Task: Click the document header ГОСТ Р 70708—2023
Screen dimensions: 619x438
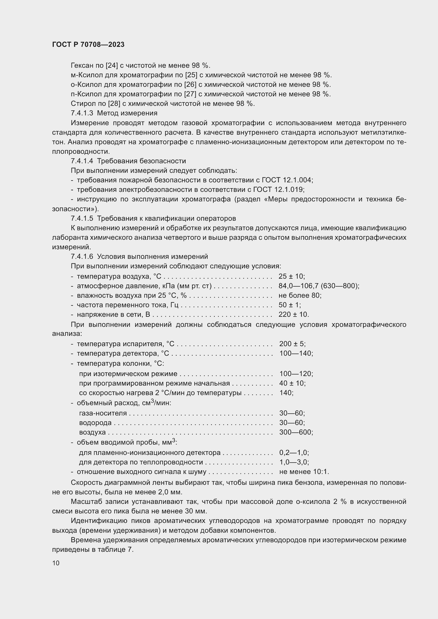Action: click(x=88, y=44)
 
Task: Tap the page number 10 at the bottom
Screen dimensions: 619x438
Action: click(x=56, y=563)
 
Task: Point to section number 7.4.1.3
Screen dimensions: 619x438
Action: click(x=82, y=113)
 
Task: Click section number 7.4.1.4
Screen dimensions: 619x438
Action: click(x=82, y=161)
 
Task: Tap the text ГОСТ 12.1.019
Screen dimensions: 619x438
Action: click(x=278, y=189)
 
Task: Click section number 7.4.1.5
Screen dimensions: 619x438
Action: click(x=82, y=218)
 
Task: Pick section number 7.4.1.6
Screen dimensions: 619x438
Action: click(x=82, y=256)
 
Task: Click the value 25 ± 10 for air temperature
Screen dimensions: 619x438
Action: click(x=291, y=276)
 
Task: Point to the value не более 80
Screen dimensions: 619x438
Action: click(x=300, y=296)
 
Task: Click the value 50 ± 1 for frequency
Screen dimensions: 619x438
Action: click(x=289, y=305)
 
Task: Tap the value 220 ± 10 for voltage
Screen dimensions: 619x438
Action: click(x=293, y=315)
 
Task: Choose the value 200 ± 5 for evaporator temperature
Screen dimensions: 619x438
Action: click(x=292, y=344)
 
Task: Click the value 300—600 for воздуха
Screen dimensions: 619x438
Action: click(x=296, y=432)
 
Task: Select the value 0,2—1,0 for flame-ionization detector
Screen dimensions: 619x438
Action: click(x=293, y=452)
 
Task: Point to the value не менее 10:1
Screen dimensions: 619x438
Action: click(x=304, y=472)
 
